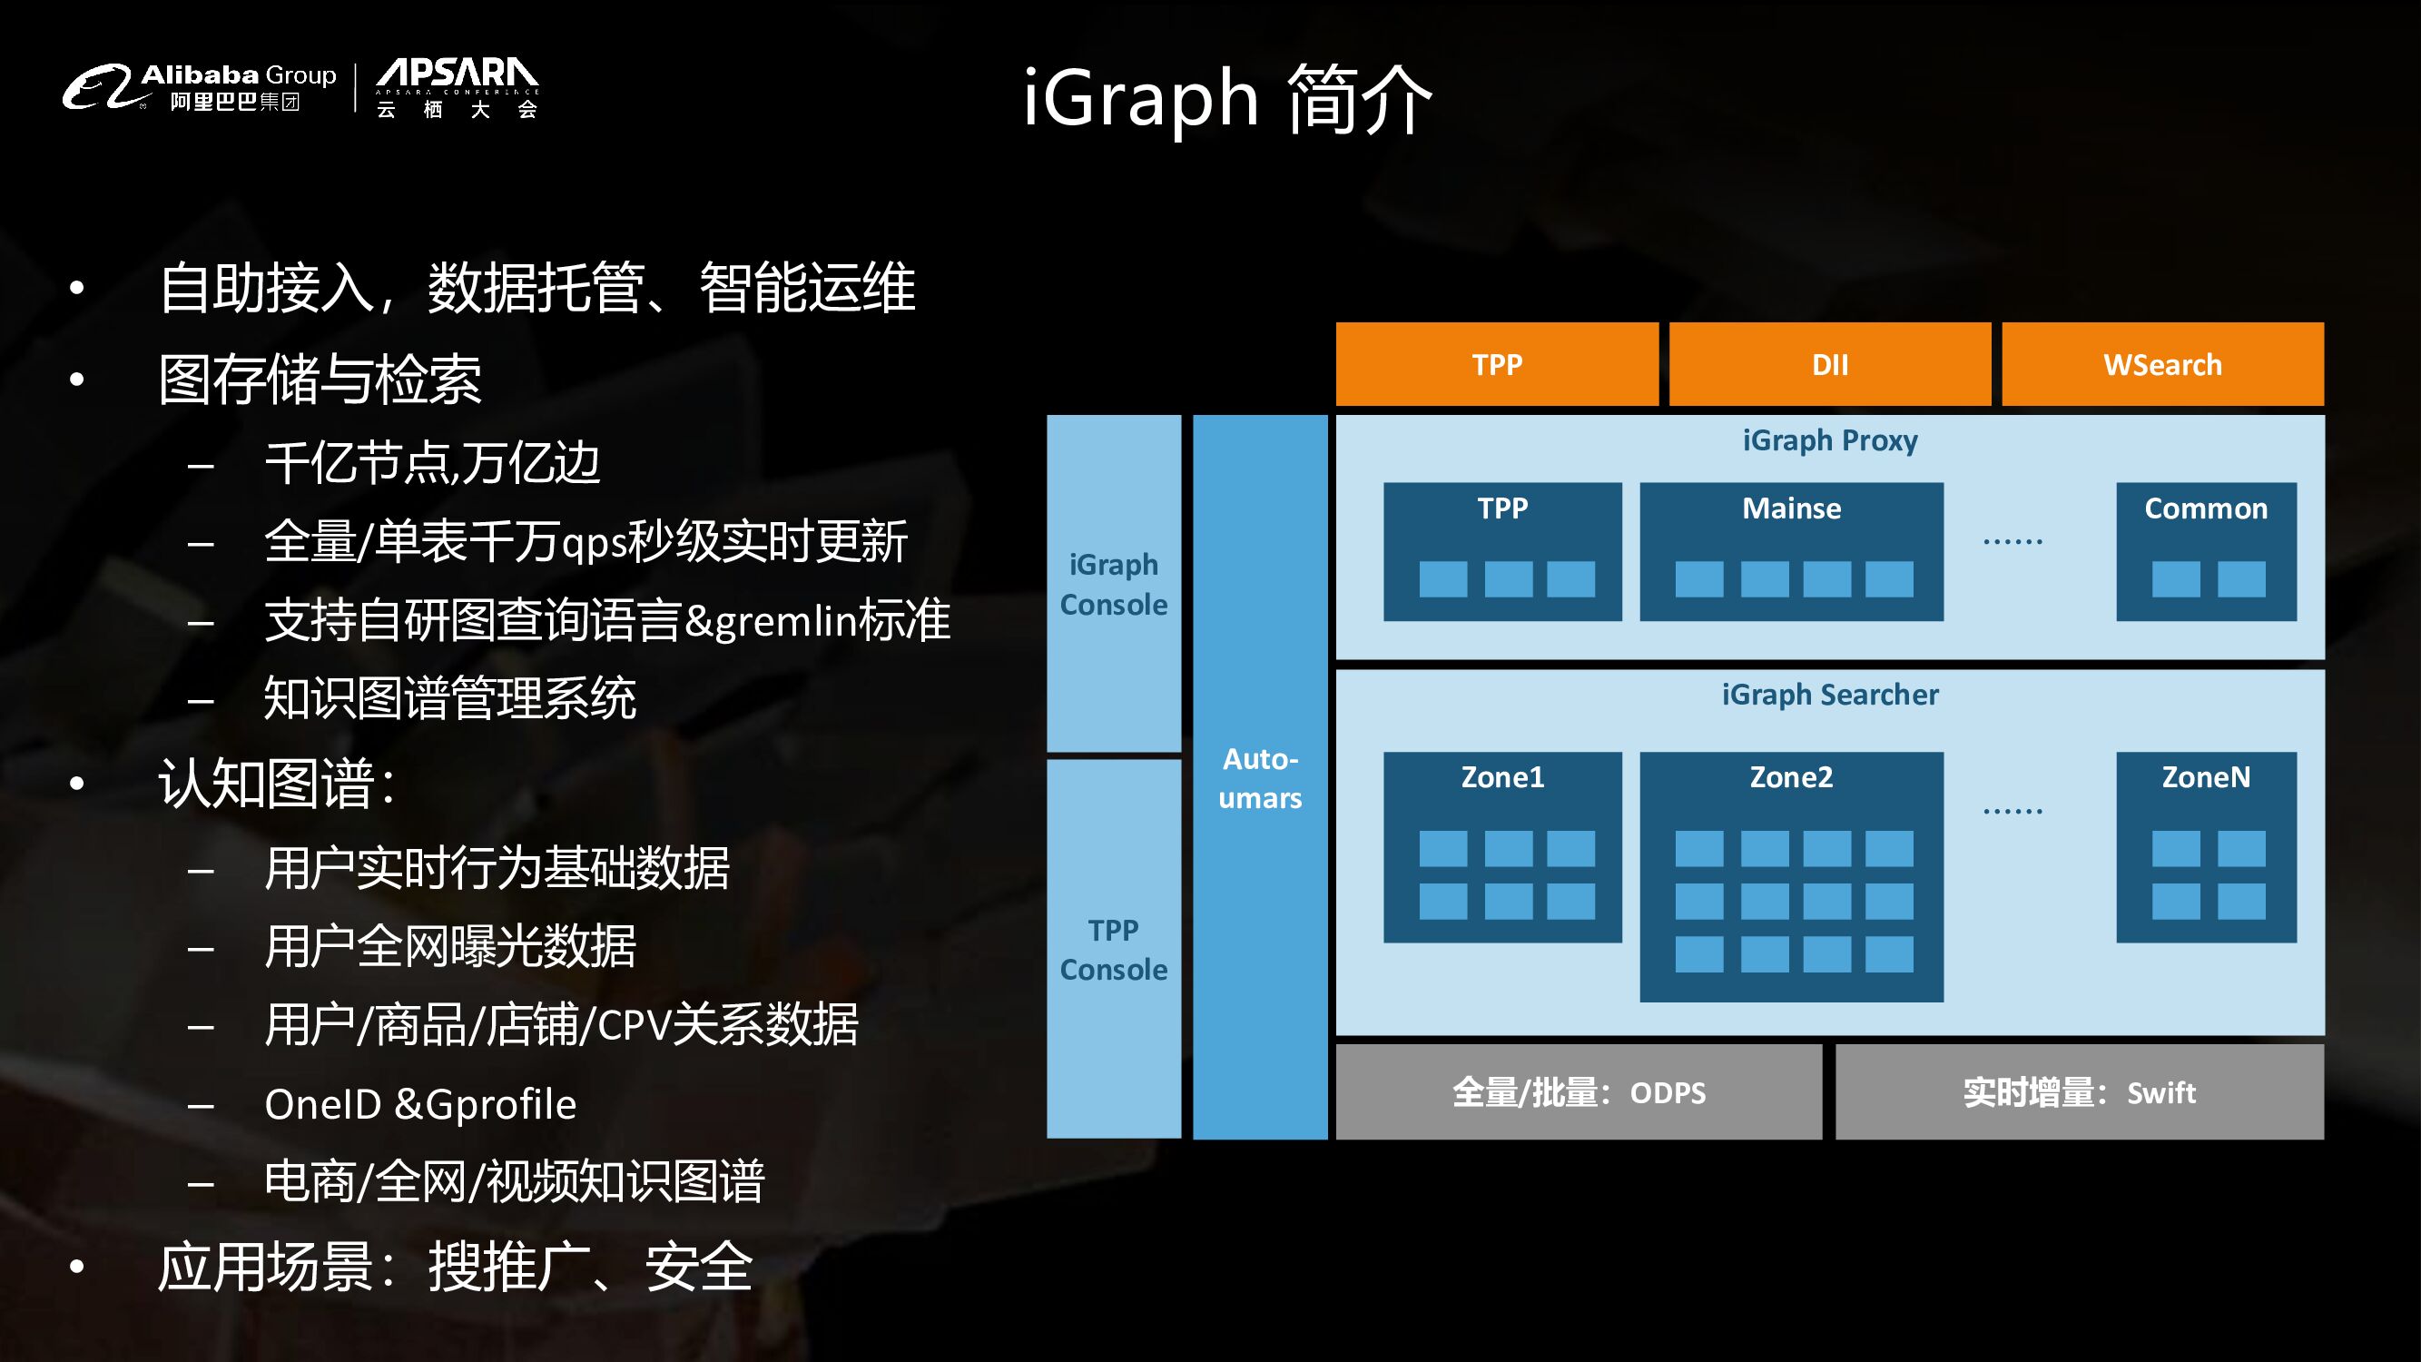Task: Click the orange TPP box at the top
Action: point(1496,365)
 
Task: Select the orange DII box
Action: point(1829,365)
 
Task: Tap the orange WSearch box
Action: point(2161,365)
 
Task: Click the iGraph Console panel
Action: point(1114,584)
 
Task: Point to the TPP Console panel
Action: point(1114,950)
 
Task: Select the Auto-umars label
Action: point(1259,778)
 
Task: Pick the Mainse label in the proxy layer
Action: point(1791,508)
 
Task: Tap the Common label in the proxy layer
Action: point(2205,508)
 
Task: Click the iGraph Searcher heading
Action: point(1829,695)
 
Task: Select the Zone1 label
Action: point(1501,777)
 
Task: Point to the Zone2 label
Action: point(1790,777)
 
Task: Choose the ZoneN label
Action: point(2205,777)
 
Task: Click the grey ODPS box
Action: point(1578,1092)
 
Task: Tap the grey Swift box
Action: point(2079,1092)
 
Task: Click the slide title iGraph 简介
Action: point(1226,99)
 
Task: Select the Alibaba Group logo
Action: point(199,86)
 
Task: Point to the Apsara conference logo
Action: point(457,86)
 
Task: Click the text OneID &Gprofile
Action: point(420,1104)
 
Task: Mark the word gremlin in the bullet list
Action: point(773,621)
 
